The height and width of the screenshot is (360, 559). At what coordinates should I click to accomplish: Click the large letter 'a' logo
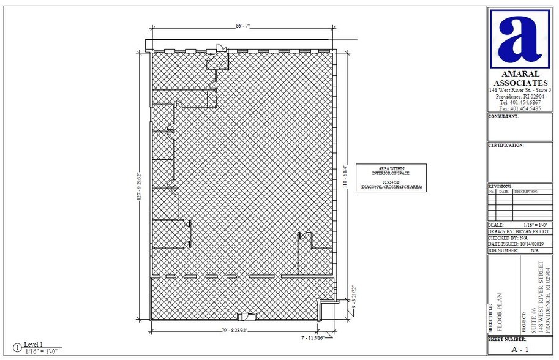(520, 38)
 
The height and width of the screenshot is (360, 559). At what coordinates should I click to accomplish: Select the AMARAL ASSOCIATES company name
(520, 78)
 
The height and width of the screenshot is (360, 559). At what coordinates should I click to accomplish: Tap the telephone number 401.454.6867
(520, 102)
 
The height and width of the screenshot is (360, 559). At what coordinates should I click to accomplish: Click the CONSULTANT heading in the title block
(503, 116)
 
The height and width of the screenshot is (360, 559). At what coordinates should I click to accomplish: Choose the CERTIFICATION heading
(506, 146)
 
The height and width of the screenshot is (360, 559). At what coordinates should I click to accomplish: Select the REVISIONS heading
(500, 186)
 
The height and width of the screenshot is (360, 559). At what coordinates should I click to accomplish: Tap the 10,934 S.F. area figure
(391, 182)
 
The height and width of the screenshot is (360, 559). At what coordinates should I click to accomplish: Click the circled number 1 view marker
(17, 347)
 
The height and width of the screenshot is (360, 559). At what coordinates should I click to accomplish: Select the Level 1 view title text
(34, 344)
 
